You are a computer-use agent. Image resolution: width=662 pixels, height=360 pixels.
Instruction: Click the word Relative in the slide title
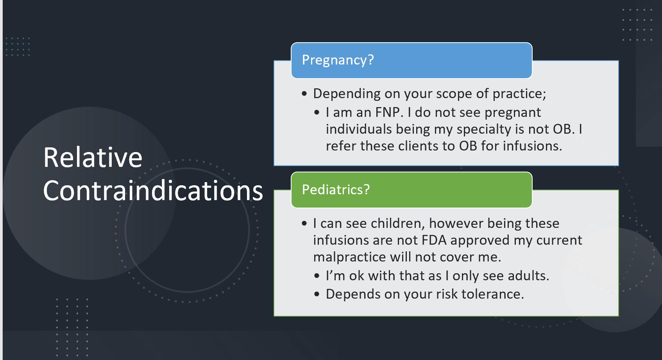click(x=93, y=157)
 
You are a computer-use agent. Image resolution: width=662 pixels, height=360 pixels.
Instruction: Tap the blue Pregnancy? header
click(x=412, y=61)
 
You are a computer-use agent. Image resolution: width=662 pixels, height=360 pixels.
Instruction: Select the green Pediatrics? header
click(x=412, y=190)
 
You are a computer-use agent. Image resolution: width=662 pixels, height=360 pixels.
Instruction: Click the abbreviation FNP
click(x=387, y=112)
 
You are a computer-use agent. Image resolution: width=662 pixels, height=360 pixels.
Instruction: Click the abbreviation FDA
click(x=434, y=240)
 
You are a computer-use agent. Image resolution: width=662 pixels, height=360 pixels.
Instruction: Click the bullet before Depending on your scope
click(x=304, y=94)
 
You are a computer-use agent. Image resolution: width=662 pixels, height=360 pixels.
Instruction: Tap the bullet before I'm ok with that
click(x=317, y=276)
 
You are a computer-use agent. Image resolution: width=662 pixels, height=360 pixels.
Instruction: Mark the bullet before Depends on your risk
click(x=317, y=294)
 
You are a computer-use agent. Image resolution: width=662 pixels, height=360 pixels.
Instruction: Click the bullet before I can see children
click(x=304, y=224)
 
